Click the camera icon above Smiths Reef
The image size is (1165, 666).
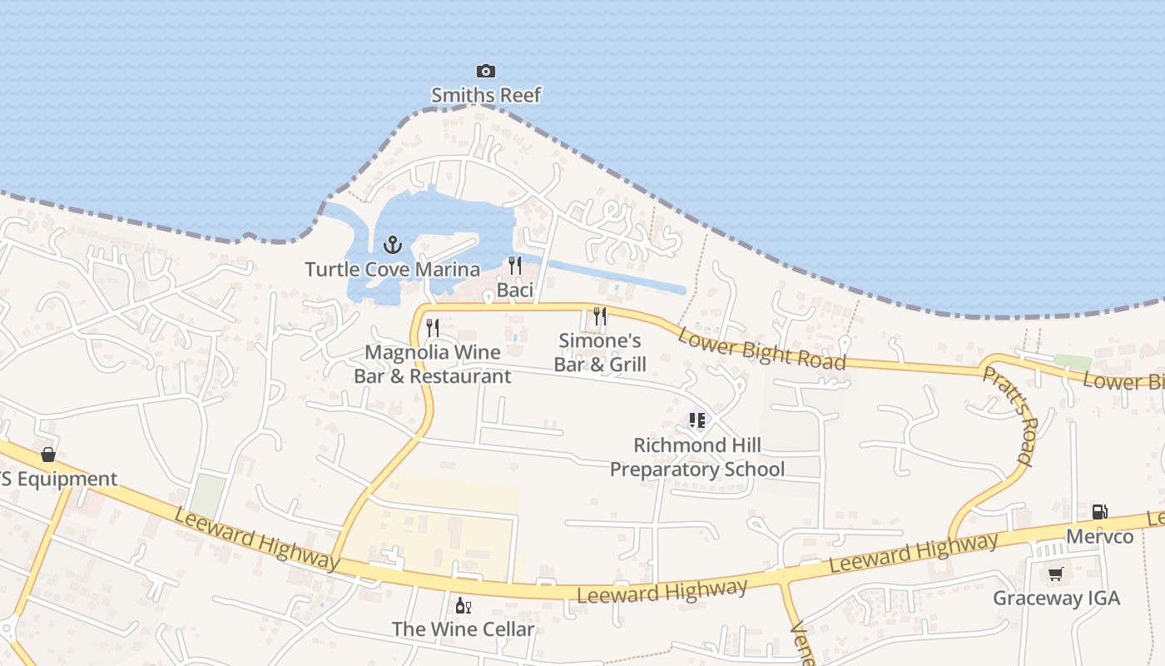pos(485,72)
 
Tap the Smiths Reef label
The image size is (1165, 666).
pos(486,95)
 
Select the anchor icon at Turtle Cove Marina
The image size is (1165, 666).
pos(392,245)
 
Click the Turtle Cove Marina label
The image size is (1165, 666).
pos(392,269)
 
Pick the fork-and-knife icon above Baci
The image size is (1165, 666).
pos(515,266)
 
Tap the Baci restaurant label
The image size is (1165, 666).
pos(515,290)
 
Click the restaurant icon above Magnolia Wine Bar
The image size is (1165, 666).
pos(432,327)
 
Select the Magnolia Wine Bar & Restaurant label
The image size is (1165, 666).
pos(433,364)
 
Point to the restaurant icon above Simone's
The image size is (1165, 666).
pos(600,316)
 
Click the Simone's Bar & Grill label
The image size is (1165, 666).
pos(600,352)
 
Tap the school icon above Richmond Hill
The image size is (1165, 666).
pos(697,420)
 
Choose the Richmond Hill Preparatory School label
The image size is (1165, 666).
pos(697,457)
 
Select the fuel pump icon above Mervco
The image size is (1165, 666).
pos(1099,512)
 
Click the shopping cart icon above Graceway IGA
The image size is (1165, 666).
pos(1056,574)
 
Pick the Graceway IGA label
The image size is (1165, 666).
pos(1056,598)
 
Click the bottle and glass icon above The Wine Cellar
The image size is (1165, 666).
pos(463,605)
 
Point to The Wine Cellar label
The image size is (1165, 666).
pos(463,629)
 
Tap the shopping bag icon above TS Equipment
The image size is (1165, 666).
pos(48,455)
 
